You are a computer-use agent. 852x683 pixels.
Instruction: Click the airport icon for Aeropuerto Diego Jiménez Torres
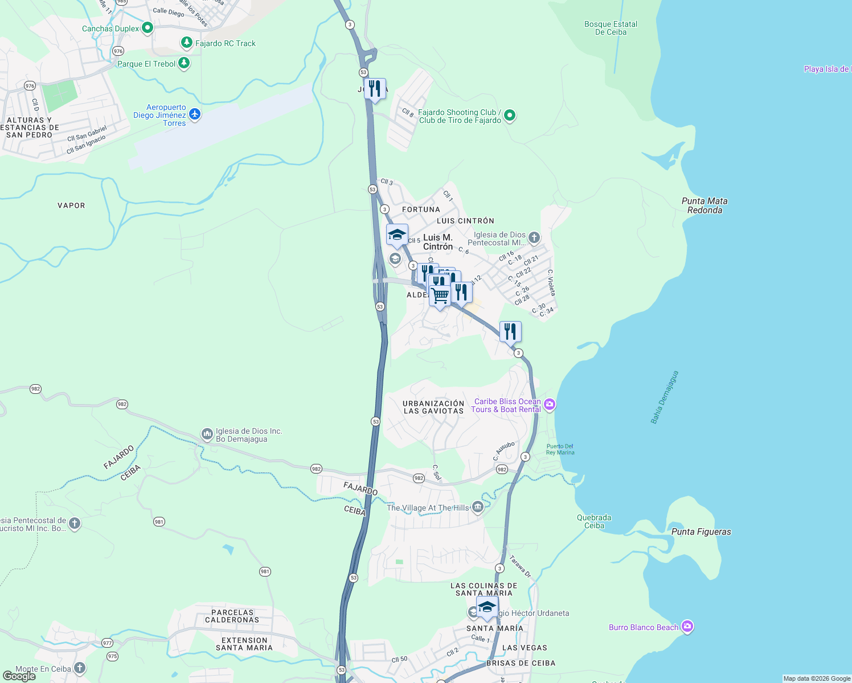pos(195,114)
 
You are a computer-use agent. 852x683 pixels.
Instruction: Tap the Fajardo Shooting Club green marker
pos(510,116)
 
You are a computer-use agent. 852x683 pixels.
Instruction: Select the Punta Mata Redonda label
pos(704,205)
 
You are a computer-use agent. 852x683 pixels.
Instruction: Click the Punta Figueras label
pos(701,532)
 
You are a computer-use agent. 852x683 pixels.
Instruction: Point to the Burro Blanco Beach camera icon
pos(687,627)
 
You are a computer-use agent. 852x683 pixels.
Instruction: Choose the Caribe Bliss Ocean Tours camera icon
pos(549,405)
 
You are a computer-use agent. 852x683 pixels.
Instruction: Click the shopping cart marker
pos(440,295)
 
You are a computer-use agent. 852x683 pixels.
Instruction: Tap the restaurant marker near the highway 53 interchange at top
pos(375,89)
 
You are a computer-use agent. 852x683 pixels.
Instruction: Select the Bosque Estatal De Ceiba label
pos(611,28)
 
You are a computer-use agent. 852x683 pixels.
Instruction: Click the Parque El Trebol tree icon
pos(184,63)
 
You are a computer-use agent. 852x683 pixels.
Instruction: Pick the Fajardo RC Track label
pos(226,43)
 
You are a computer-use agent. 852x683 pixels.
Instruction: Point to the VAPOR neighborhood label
pos(71,205)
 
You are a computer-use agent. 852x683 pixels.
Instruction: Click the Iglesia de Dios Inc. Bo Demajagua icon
pos(207,434)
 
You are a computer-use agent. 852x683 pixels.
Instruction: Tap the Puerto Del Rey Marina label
pos(560,450)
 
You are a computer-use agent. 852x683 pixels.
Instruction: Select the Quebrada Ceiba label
pos(594,521)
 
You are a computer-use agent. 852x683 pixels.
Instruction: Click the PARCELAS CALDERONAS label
pos(232,616)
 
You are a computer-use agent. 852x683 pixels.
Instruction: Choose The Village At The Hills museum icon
pos(477,507)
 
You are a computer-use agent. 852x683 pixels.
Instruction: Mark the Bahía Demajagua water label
pos(664,397)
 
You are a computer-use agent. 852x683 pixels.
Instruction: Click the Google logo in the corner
pos(19,676)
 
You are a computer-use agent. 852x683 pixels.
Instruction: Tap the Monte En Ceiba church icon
pos(80,668)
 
